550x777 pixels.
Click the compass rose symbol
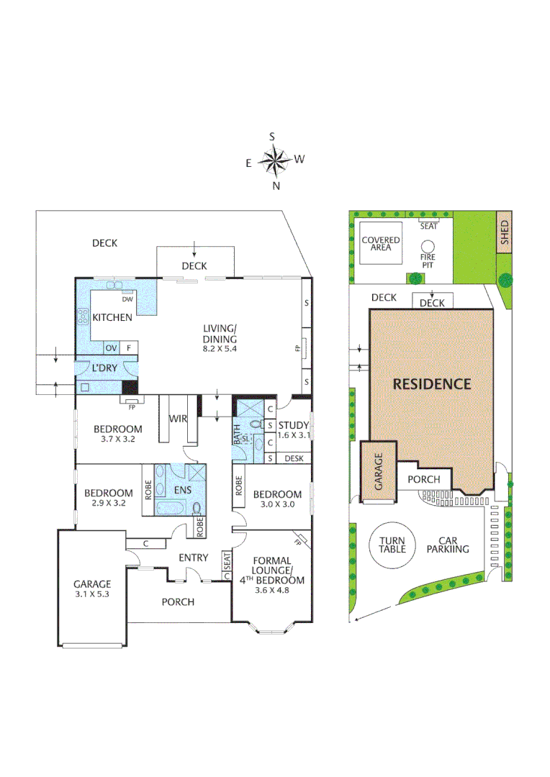click(274, 160)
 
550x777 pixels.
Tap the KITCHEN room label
click(112, 317)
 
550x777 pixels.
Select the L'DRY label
click(104, 368)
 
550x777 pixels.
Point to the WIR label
click(179, 418)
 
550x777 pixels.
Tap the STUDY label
click(293, 425)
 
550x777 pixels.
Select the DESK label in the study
click(294, 458)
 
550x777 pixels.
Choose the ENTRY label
click(194, 558)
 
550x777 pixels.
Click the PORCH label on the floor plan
click(177, 601)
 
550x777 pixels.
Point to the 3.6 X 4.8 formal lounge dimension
click(271, 592)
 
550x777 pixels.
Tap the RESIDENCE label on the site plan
click(432, 384)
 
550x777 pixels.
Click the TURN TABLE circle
click(392, 545)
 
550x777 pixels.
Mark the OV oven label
click(112, 348)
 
